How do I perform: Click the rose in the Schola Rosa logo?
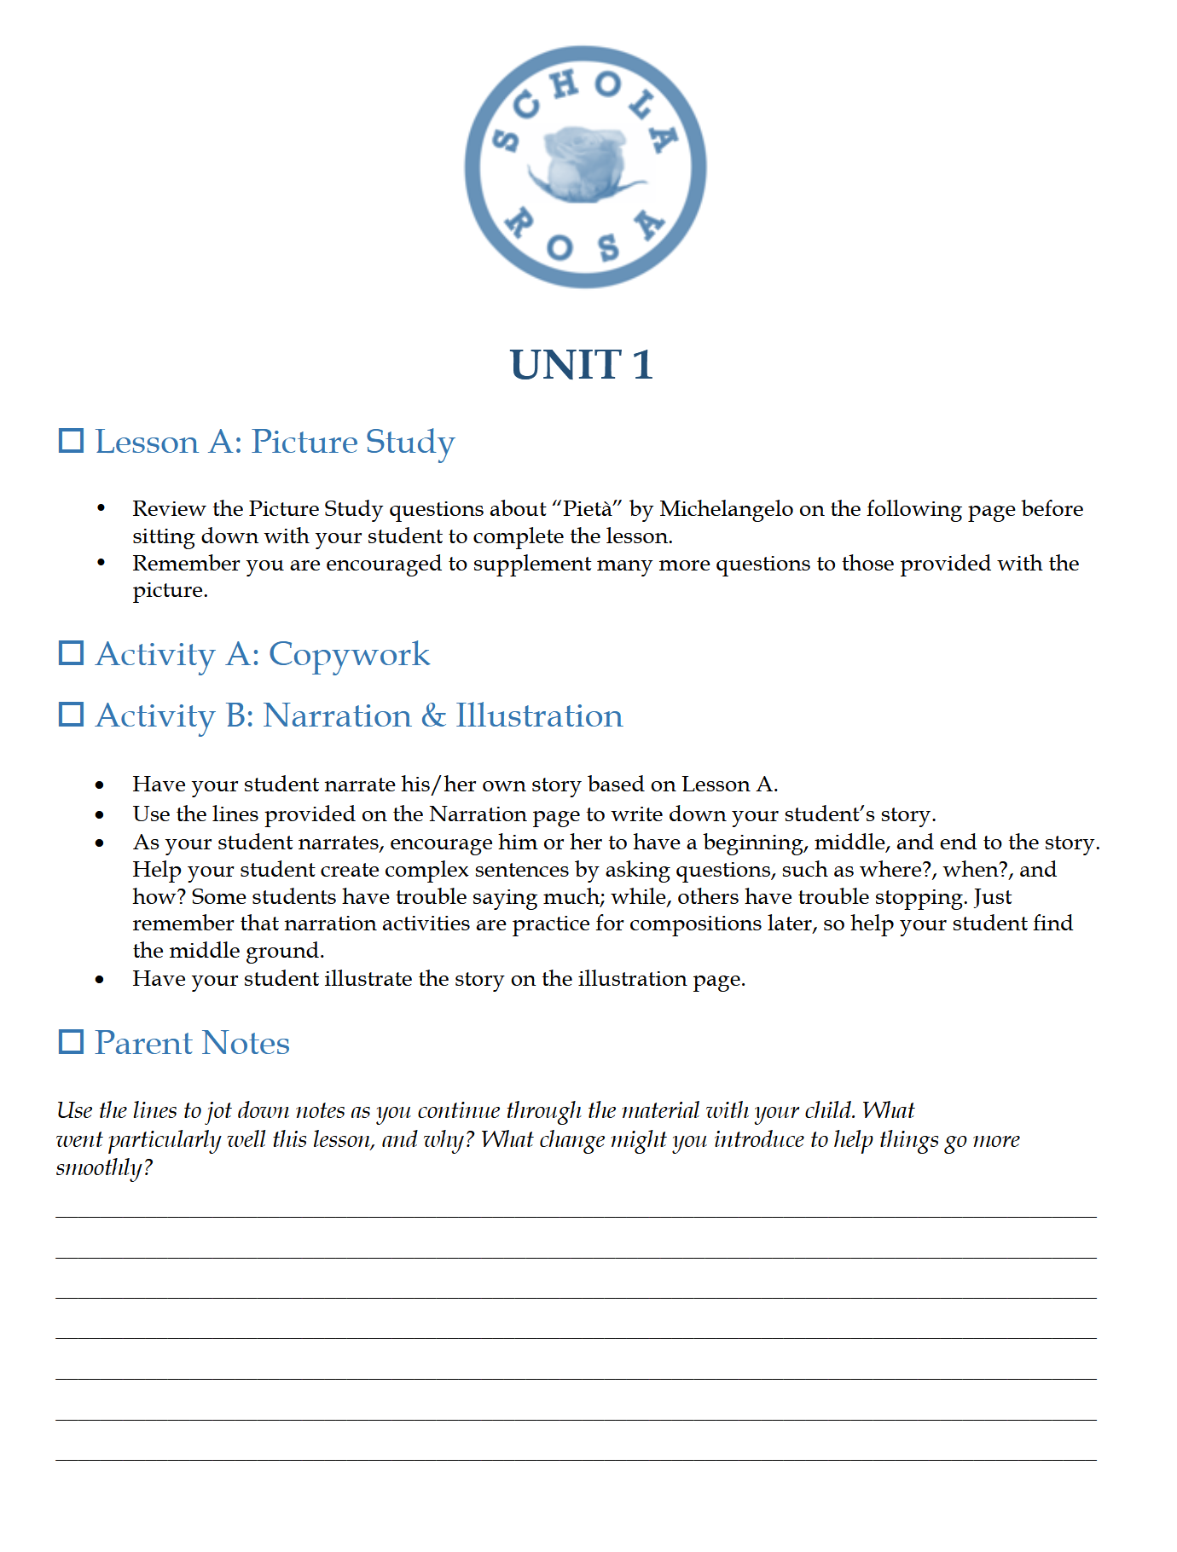click(584, 165)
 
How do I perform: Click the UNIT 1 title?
click(582, 365)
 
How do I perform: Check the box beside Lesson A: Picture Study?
click(71, 441)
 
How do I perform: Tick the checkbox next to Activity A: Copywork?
click(71, 653)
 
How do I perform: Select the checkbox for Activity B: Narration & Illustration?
click(71, 715)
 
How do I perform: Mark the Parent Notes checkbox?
click(71, 1042)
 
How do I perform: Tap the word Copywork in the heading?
click(349, 655)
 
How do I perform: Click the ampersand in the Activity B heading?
click(433, 715)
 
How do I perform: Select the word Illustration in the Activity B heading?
click(539, 715)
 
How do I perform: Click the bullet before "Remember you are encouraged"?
click(101, 563)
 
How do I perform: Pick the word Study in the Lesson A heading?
click(410, 443)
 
